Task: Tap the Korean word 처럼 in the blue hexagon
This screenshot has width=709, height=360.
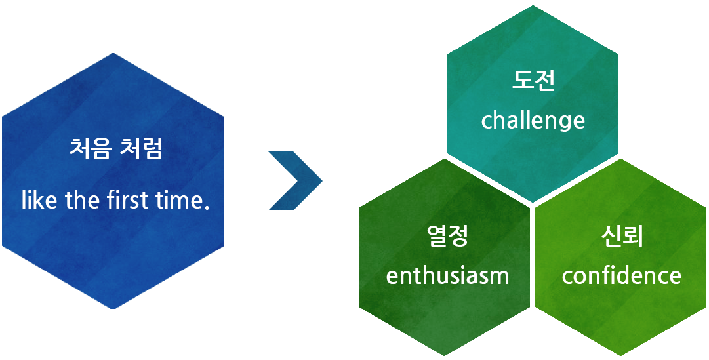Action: [x=140, y=150]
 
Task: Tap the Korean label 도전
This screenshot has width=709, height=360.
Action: [x=534, y=81]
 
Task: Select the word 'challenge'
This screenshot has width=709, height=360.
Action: [x=533, y=121]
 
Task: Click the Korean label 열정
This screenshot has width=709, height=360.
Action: [x=447, y=235]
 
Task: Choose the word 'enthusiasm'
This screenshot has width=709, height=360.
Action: [x=448, y=275]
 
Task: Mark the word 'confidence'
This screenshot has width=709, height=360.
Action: [x=622, y=275]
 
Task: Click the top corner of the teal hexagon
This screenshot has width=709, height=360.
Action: [x=533, y=5]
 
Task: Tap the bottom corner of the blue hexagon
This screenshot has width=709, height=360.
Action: [x=113, y=308]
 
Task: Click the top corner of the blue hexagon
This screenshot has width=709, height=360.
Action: [x=113, y=53]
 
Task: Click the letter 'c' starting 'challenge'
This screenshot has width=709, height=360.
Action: [x=486, y=122]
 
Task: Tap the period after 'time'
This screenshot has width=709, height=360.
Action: [x=208, y=207]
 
